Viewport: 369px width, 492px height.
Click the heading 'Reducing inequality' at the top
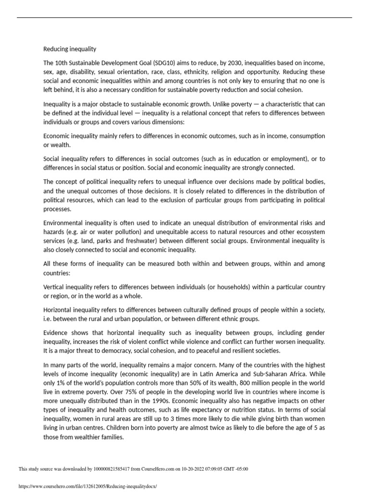pyautogui.click(x=70, y=49)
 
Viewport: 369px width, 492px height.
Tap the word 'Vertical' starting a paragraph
pyautogui.click(x=55, y=287)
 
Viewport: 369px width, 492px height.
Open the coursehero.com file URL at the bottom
pyautogui.click(x=87, y=486)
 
